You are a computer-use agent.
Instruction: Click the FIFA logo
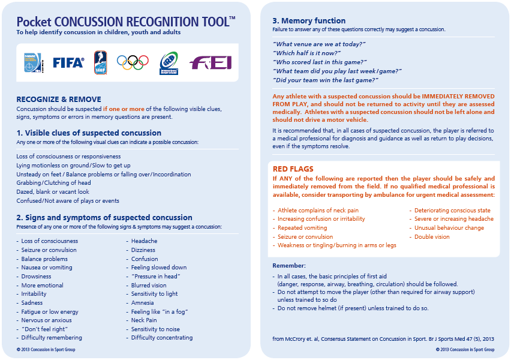[68, 62]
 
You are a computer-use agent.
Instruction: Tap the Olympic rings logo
[133, 62]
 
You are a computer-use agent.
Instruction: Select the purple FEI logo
[210, 62]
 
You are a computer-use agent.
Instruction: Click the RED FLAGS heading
[293, 169]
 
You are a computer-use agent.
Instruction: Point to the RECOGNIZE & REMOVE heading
[59, 99]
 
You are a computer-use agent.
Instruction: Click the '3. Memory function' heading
[309, 20]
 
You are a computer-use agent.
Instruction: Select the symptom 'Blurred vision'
[149, 286]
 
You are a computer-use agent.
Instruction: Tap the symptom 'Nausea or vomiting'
[46, 268]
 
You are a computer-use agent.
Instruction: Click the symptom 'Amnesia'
[143, 303]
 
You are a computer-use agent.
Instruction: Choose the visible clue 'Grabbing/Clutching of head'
[54, 183]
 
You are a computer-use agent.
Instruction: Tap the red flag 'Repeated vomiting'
[302, 228]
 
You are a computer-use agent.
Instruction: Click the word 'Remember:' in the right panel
[289, 265]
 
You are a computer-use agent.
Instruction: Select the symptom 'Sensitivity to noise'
[155, 329]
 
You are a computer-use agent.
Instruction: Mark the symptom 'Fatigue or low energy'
[50, 312]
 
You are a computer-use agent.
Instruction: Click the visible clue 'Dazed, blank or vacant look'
[53, 192]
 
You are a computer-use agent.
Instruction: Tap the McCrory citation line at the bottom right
[383, 339]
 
